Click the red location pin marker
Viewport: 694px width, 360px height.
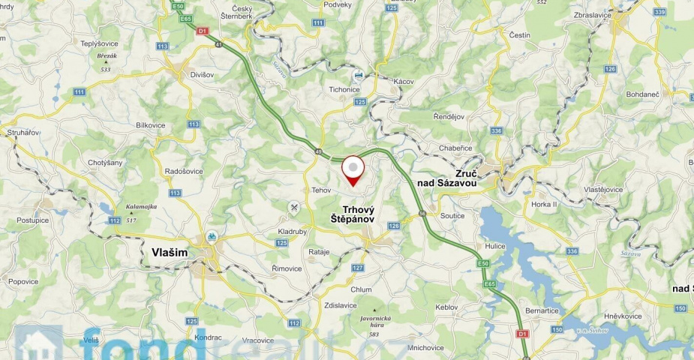coord(353,169)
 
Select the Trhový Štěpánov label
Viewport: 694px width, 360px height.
coord(359,214)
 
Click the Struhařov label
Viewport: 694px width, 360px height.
coord(23,132)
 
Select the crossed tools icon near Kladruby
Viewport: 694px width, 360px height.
coord(295,207)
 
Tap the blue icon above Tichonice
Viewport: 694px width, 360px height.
coord(359,76)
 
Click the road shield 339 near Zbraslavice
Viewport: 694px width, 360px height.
coord(659,12)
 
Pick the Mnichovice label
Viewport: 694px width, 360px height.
coord(427,347)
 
